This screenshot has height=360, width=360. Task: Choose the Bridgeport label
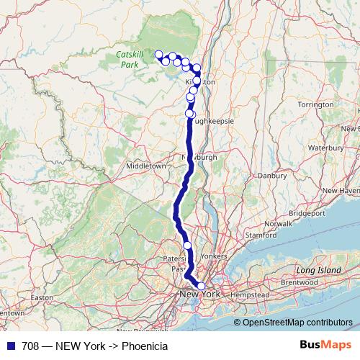[306, 213]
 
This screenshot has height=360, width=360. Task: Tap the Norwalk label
[278, 224]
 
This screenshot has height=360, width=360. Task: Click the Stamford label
[261, 235]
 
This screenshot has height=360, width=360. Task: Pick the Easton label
[42, 297]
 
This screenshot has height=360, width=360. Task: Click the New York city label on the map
[199, 294]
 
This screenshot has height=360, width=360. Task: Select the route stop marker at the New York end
[201, 286]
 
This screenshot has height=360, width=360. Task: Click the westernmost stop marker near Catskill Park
[159, 54]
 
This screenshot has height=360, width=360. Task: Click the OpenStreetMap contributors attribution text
[297, 322]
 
